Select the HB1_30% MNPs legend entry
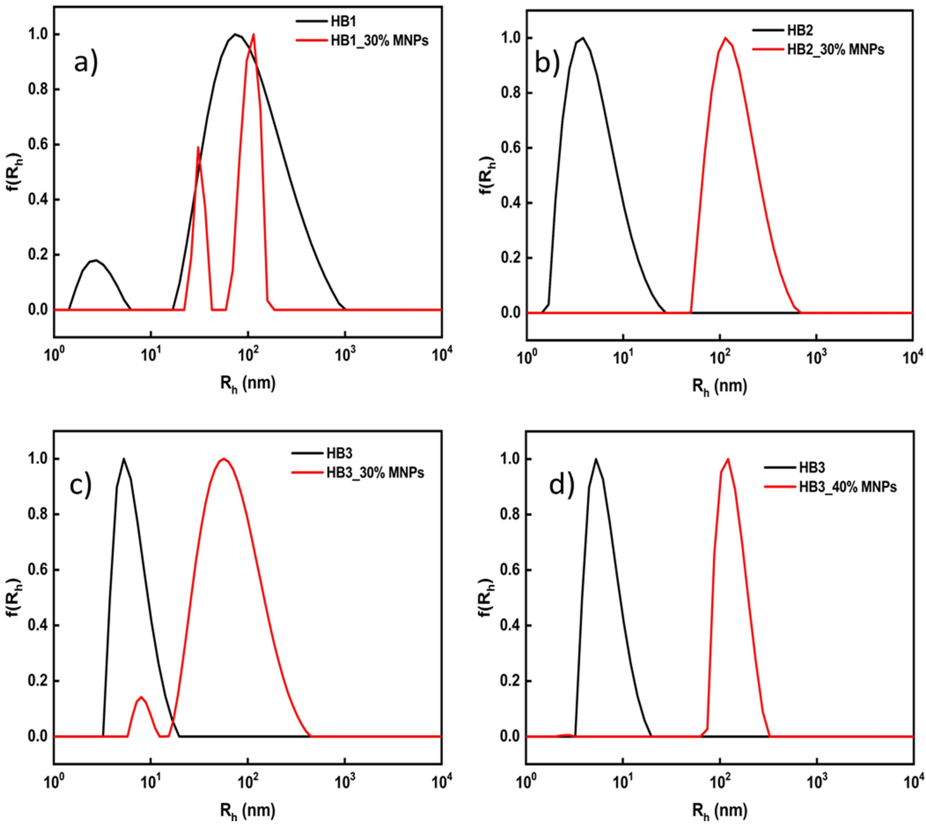click(379, 41)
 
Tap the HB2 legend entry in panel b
click(800, 30)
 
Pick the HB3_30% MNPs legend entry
click(375, 473)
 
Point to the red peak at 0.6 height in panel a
click(198, 147)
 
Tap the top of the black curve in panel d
click(596, 459)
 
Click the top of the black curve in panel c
click(123, 459)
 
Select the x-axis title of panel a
click(248, 385)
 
